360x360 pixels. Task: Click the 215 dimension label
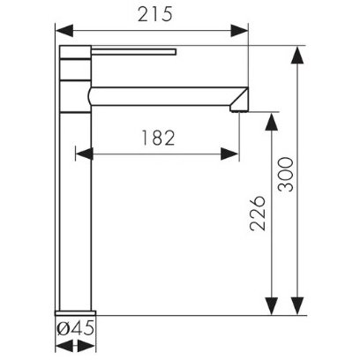coord(155,14)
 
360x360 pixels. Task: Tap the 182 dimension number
coord(158,138)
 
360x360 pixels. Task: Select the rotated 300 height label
coord(286,175)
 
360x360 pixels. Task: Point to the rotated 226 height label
coord(258,214)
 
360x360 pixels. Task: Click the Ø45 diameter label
coord(76,328)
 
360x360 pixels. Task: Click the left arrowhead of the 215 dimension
coord(64,31)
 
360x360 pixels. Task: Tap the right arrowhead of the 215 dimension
coord(239,31)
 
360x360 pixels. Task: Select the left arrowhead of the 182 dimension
coord(85,154)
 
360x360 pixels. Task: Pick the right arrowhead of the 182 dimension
coord(229,154)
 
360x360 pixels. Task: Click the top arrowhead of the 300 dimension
coord(297,55)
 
